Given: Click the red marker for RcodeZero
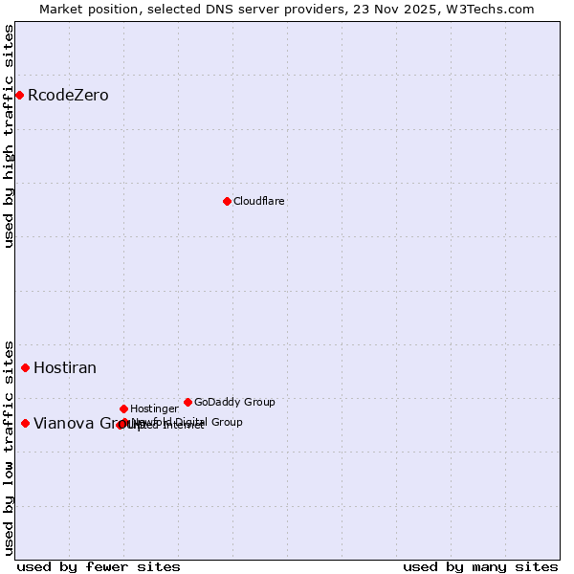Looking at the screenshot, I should (x=19, y=95).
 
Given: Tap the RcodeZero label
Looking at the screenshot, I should (x=68, y=96).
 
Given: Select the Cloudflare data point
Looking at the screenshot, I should (x=227, y=201).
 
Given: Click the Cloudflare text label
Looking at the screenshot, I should (x=258, y=202).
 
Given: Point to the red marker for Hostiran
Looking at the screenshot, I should (x=25, y=367).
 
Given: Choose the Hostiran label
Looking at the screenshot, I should (x=65, y=368).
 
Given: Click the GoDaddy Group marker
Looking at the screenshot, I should (x=188, y=402).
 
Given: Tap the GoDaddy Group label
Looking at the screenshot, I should (x=234, y=403).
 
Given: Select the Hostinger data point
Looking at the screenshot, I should (x=123, y=408).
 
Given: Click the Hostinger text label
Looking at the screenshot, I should (x=154, y=409).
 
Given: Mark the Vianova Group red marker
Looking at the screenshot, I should (x=25, y=423).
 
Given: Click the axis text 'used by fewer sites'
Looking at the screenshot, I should (x=99, y=567).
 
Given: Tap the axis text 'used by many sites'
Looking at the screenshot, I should (x=480, y=567).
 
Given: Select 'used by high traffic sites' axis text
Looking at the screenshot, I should (x=10, y=136).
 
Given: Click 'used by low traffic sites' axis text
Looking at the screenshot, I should (x=10, y=447).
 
